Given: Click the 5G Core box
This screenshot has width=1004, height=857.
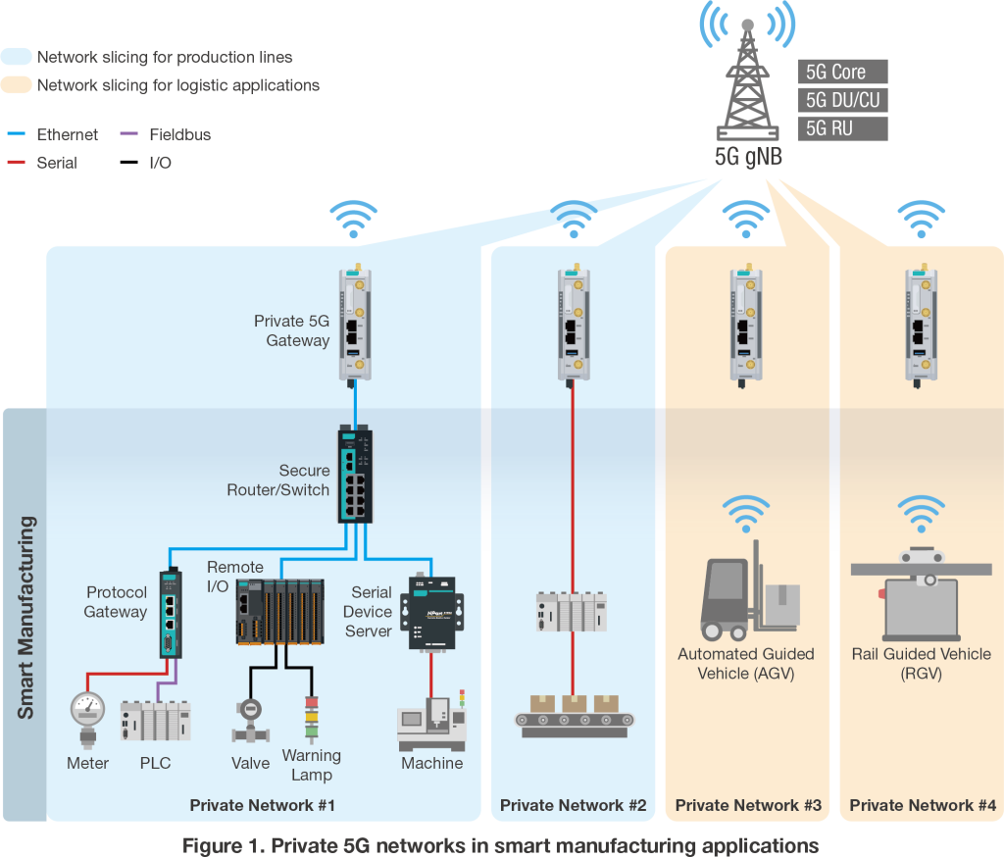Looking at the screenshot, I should coord(842,72).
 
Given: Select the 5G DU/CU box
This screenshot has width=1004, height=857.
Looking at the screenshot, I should coord(842,100).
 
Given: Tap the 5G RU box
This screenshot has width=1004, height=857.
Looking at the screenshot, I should coord(842,128).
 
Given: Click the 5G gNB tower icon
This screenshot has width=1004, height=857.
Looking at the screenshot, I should coord(747,88).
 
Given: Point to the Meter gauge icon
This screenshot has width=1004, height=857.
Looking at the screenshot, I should coord(88,716).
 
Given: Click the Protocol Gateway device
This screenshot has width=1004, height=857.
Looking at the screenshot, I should coord(169,612).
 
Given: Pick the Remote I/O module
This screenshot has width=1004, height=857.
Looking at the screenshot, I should coord(280,611).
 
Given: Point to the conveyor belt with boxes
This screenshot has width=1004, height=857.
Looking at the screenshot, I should coord(576,714).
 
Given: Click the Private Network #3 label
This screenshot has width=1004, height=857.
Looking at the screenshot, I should coord(748,805).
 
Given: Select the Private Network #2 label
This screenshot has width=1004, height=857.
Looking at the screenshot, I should coord(573,805).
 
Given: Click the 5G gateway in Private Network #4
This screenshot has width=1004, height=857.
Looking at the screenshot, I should coord(920,324).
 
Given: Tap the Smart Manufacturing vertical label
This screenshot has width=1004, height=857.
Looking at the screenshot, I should coord(25,617).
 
